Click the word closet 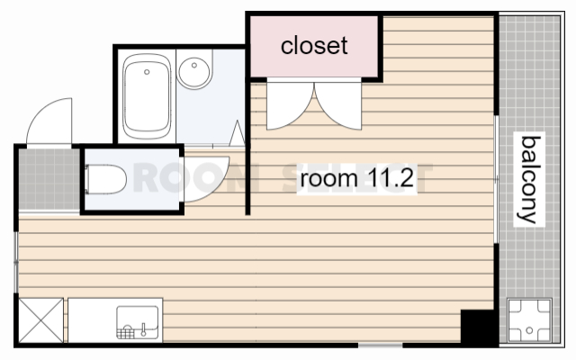(314, 46)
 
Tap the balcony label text (530, 180)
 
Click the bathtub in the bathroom (147, 96)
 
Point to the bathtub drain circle (147, 72)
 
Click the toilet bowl (106, 179)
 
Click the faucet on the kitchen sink (143, 329)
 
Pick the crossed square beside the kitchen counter (40, 320)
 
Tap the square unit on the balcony (529, 320)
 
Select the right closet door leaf (338, 106)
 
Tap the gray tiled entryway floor (49, 179)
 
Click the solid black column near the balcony (478, 327)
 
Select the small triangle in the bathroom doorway (237, 133)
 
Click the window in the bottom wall (380, 346)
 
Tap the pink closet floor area (314, 47)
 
